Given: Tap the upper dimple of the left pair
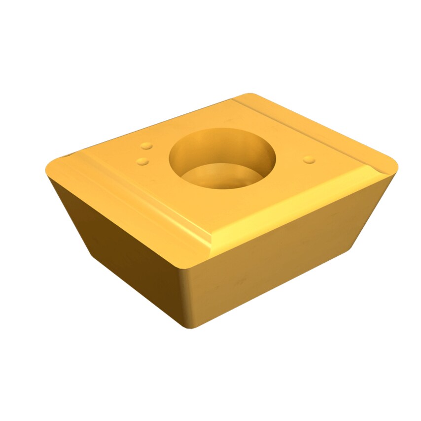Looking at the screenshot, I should (146, 146).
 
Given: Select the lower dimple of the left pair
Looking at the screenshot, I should (142, 161).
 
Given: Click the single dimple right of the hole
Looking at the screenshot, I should (309, 159).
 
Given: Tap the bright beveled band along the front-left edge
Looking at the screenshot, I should (133, 202).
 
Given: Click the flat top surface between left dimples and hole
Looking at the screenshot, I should (158, 155).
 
